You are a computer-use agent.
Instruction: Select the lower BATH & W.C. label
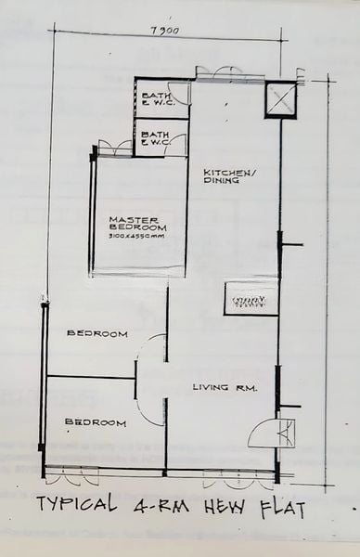coord(154,139)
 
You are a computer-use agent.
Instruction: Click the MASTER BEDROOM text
coord(137,223)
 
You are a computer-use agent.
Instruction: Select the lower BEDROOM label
coord(96,423)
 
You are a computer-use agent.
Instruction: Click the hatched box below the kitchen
coord(251,300)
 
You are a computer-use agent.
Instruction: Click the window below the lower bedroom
coord(72,476)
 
